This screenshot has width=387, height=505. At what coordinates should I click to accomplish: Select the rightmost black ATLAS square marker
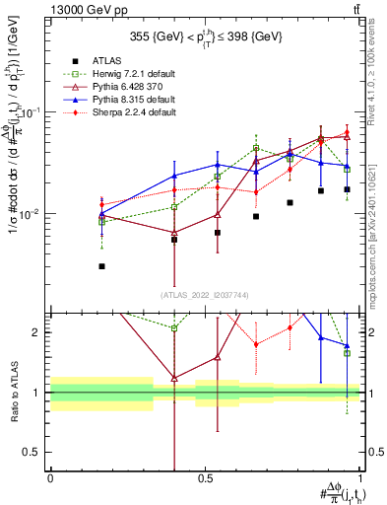pos(347,189)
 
